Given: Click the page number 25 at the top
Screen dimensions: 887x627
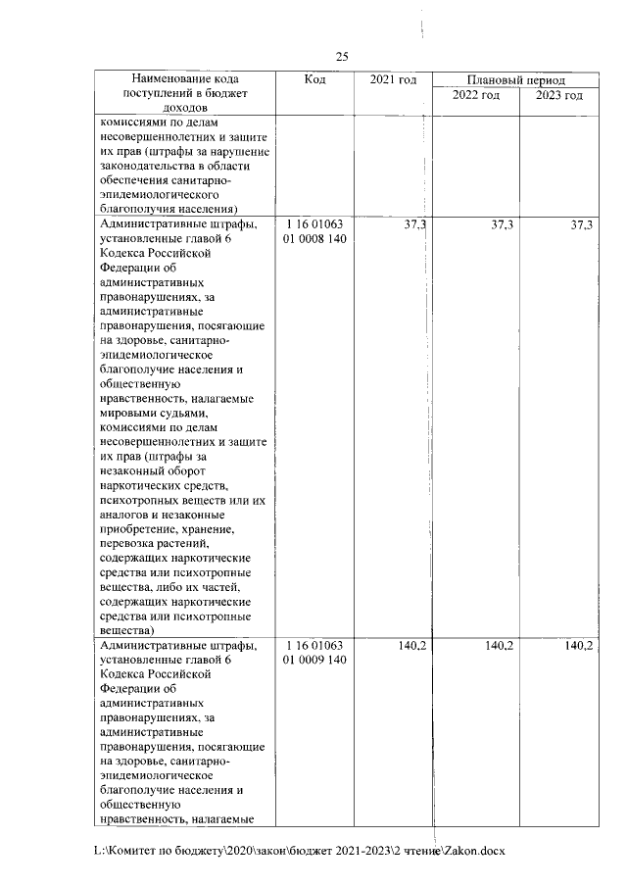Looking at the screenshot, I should coord(343,56).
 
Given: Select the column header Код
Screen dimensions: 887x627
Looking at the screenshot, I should coord(315,79).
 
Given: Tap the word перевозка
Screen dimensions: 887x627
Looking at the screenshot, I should coord(132,543).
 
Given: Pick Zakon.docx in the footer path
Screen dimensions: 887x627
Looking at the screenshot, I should coord(474,851).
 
